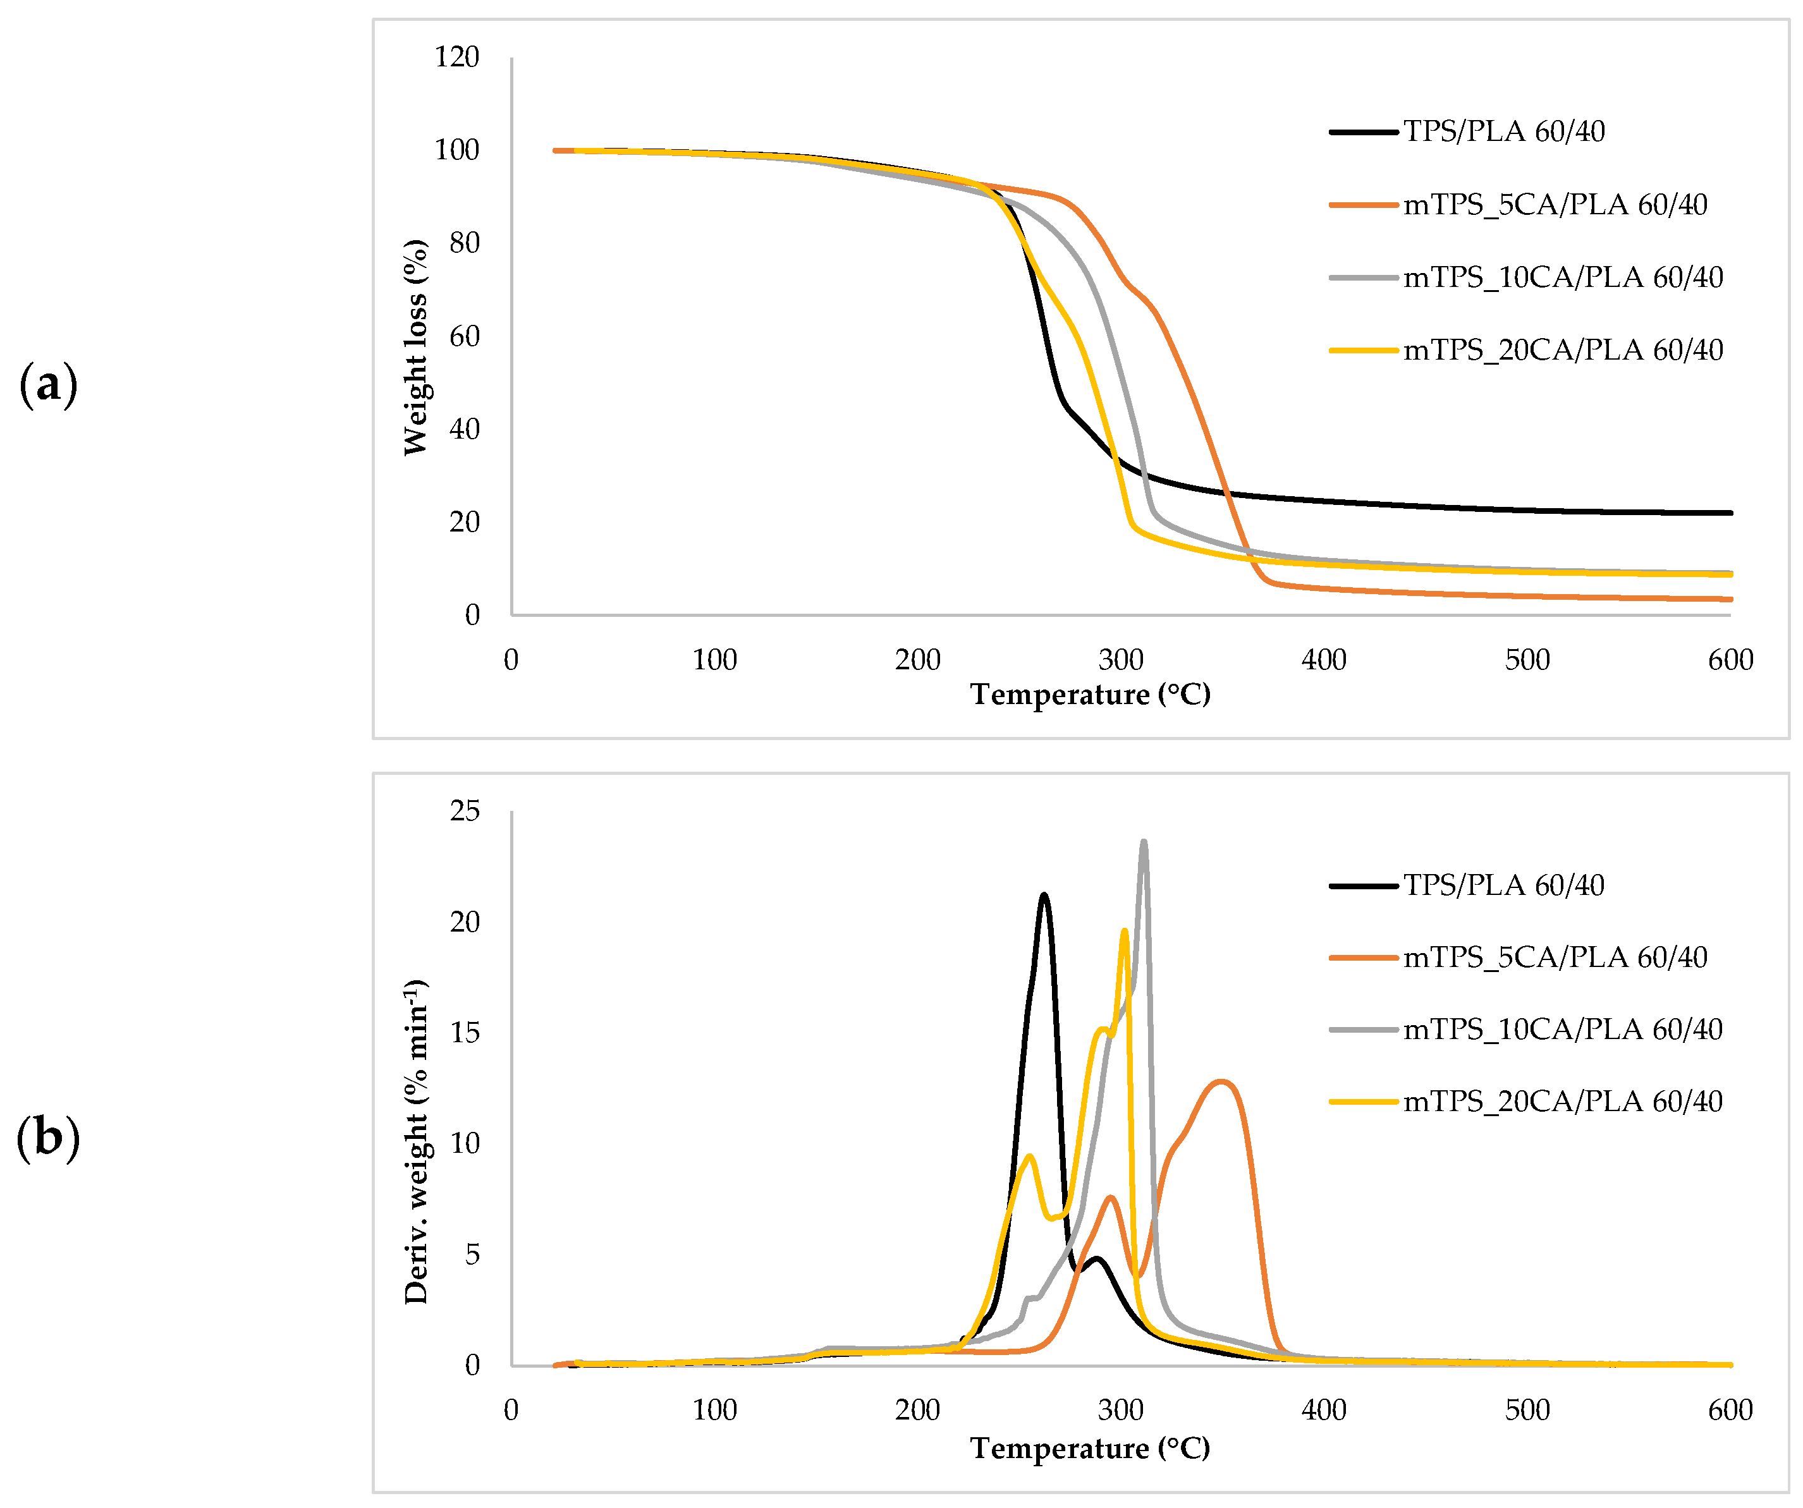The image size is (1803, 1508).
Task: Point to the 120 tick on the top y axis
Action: [457, 58]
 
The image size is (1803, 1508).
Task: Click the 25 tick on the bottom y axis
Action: [465, 811]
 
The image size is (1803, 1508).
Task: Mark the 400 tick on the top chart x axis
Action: [1323, 660]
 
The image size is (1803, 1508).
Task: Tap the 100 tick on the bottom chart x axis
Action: [714, 1410]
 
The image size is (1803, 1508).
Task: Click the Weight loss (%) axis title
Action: [415, 348]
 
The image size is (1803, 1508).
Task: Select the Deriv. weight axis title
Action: [415, 1141]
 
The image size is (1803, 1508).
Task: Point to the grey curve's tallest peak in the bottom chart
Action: [1143, 843]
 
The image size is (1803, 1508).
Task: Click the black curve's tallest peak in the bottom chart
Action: [1044, 895]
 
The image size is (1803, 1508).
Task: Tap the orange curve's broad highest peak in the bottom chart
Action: [1221, 1081]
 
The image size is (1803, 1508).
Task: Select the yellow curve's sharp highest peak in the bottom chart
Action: [1124, 930]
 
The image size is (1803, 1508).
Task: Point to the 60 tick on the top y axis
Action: [465, 336]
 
